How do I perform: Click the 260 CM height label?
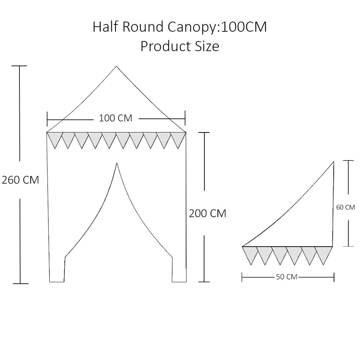(x=20, y=180)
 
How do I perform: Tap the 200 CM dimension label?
(x=208, y=213)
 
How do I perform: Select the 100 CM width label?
(x=116, y=118)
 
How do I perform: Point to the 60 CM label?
(x=345, y=207)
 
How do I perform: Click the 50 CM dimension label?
(x=287, y=277)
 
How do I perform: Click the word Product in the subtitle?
(x=165, y=46)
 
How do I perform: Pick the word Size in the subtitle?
(x=207, y=46)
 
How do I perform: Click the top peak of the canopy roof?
(x=116, y=66)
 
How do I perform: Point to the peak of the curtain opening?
(x=117, y=163)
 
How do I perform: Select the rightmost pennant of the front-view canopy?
(x=178, y=138)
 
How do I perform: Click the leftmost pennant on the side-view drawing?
(x=249, y=253)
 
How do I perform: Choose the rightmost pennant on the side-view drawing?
(x=324, y=253)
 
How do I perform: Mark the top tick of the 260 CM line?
(x=19, y=66)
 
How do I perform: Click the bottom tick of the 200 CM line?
(x=204, y=282)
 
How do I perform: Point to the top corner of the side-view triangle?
(x=334, y=162)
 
